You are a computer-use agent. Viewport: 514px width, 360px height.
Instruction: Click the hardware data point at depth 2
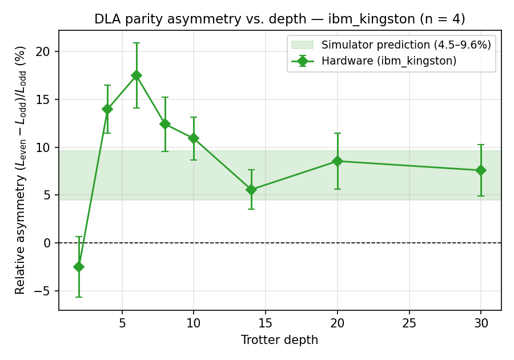79,267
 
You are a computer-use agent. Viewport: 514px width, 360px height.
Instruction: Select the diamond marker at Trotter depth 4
107,109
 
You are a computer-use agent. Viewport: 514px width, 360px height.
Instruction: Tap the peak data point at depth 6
136,75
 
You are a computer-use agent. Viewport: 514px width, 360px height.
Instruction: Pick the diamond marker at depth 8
165,124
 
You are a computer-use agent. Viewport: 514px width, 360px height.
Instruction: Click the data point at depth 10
194,138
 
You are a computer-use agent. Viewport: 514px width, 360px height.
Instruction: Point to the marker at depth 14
251,190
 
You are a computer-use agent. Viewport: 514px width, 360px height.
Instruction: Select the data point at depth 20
338,161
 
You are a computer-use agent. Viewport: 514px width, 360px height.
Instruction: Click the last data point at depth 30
481,170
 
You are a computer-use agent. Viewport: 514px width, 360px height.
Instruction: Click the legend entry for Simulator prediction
405,45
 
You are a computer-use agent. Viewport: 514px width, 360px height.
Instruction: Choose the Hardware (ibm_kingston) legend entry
388,61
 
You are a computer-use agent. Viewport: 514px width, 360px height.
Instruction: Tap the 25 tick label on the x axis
409,323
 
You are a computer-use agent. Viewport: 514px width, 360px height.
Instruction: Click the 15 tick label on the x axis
266,323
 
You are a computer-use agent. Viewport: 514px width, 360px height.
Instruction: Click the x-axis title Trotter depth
279,341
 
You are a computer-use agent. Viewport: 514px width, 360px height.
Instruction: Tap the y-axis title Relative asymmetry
21,170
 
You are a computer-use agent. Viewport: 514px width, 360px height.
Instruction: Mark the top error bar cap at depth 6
136,43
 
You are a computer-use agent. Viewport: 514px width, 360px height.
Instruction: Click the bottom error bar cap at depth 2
79,297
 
